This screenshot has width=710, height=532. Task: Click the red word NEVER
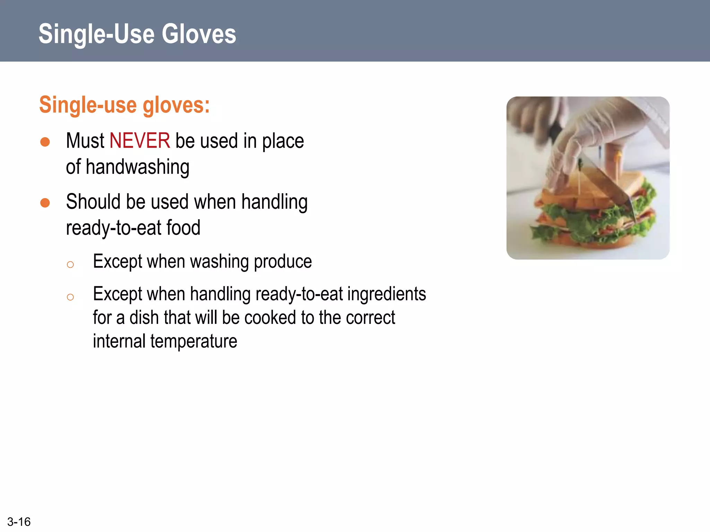point(140,141)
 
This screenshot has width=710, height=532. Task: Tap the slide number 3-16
point(19,522)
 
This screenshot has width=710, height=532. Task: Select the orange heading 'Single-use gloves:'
point(124,105)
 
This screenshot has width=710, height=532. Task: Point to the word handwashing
point(137,167)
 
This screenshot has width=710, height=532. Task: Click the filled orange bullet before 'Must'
point(45,142)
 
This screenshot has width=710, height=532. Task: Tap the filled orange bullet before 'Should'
point(45,203)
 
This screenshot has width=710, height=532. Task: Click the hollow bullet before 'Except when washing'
point(70,265)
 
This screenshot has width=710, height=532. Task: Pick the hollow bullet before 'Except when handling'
point(70,297)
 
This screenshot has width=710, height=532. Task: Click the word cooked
point(270,318)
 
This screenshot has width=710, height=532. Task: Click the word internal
point(119,341)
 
